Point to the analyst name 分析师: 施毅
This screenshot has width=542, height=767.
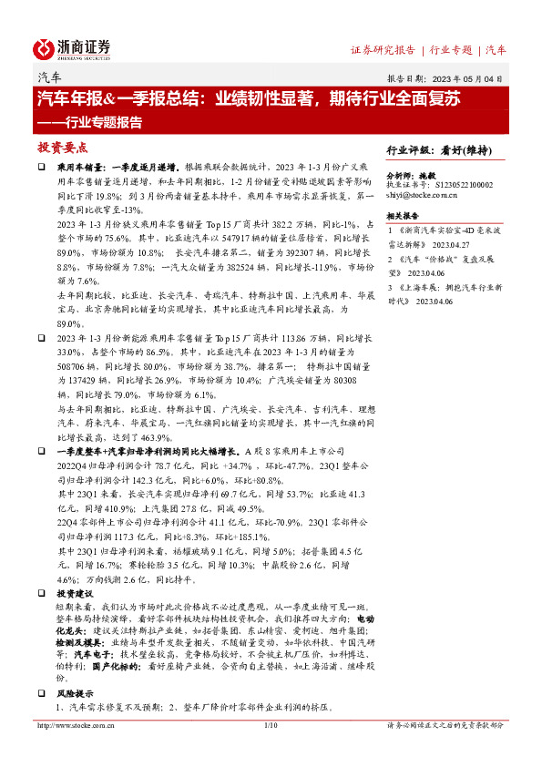pyautogui.click(x=412, y=174)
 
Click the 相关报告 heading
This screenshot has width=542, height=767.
pyautogui.click(x=403, y=216)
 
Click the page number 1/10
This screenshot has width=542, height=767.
pyautogui.click(x=270, y=725)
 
